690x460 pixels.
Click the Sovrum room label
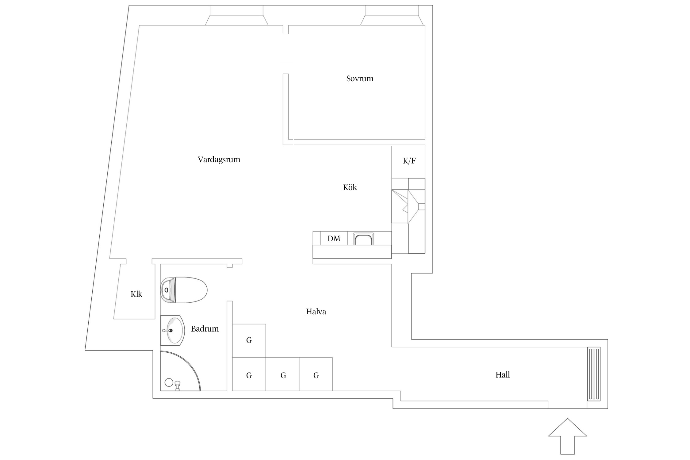[x=360, y=79]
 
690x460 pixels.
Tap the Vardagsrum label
[x=219, y=159]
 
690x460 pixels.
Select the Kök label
[x=350, y=187]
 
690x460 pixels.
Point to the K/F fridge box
[x=408, y=162]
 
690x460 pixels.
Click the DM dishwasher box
[x=334, y=238]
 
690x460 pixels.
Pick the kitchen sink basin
[x=363, y=239]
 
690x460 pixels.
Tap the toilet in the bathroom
[x=184, y=290]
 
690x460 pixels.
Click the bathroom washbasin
[x=172, y=331]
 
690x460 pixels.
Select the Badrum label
[x=205, y=329]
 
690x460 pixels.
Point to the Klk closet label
[x=136, y=294]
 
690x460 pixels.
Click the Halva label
[x=316, y=312]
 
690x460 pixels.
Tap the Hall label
[x=503, y=374]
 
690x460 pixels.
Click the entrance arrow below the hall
[x=567, y=437]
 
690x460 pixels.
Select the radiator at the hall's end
[x=594, y=374]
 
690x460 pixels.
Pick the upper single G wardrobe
[x=249, y=341]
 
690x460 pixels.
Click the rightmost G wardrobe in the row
[x=316, y=374]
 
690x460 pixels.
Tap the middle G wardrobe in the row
[x=282, y=374]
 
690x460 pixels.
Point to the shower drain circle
[x=169, y=382]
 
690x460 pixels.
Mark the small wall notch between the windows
[x=286, y=30]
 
